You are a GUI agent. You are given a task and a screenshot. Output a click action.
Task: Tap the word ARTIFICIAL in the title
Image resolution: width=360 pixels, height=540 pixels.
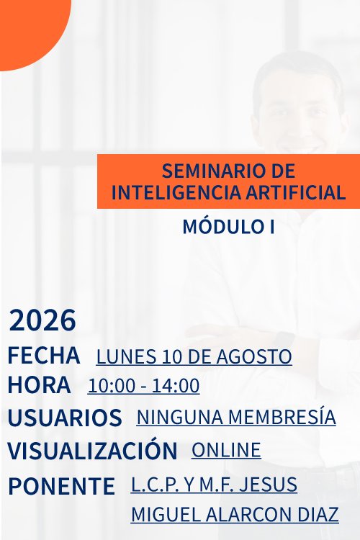[296, 192]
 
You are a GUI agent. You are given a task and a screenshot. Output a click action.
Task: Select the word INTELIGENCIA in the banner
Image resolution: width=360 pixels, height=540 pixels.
[176, 192]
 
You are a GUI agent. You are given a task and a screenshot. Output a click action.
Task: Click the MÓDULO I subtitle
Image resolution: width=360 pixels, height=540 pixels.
[228, 227]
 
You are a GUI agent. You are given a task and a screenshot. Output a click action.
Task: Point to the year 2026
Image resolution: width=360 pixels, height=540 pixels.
[42, 320]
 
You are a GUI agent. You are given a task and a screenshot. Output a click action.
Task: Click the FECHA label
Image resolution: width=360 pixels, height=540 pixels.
[44, 356]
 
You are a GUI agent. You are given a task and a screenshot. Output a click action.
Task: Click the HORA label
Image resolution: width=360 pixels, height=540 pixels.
[39, 384]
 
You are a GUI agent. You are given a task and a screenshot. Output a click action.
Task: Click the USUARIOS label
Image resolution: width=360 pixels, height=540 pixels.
[65, 418]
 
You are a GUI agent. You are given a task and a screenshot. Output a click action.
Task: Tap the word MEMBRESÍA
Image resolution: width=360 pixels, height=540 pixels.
[282, 416]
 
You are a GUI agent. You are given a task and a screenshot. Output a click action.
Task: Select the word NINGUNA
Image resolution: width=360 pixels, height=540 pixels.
[180, 417]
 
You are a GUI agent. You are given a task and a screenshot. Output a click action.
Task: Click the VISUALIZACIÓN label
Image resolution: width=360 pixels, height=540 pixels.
[92, 450]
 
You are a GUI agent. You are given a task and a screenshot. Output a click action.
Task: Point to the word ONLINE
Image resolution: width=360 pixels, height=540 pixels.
[226, 450]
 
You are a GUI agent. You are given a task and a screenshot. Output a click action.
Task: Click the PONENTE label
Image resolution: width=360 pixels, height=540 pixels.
[61, 486]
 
